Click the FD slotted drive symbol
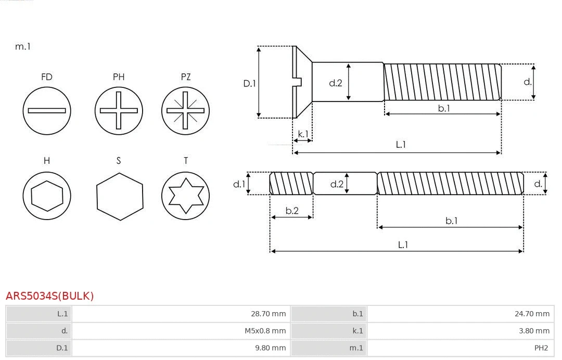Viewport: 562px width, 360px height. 47,110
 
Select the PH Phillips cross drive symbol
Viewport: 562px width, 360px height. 119,110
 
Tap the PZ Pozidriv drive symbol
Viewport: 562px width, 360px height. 186,110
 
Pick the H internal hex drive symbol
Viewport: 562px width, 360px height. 47,196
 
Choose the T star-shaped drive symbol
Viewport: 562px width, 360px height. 186,196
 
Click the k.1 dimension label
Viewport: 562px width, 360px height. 303,134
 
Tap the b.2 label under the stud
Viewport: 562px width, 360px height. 292,211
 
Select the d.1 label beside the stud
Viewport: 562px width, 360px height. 239,184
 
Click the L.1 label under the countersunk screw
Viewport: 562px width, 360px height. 401,145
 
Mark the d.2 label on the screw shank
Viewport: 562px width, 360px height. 336,82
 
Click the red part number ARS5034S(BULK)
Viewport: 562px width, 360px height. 50,296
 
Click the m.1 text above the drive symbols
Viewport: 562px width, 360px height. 23,46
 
